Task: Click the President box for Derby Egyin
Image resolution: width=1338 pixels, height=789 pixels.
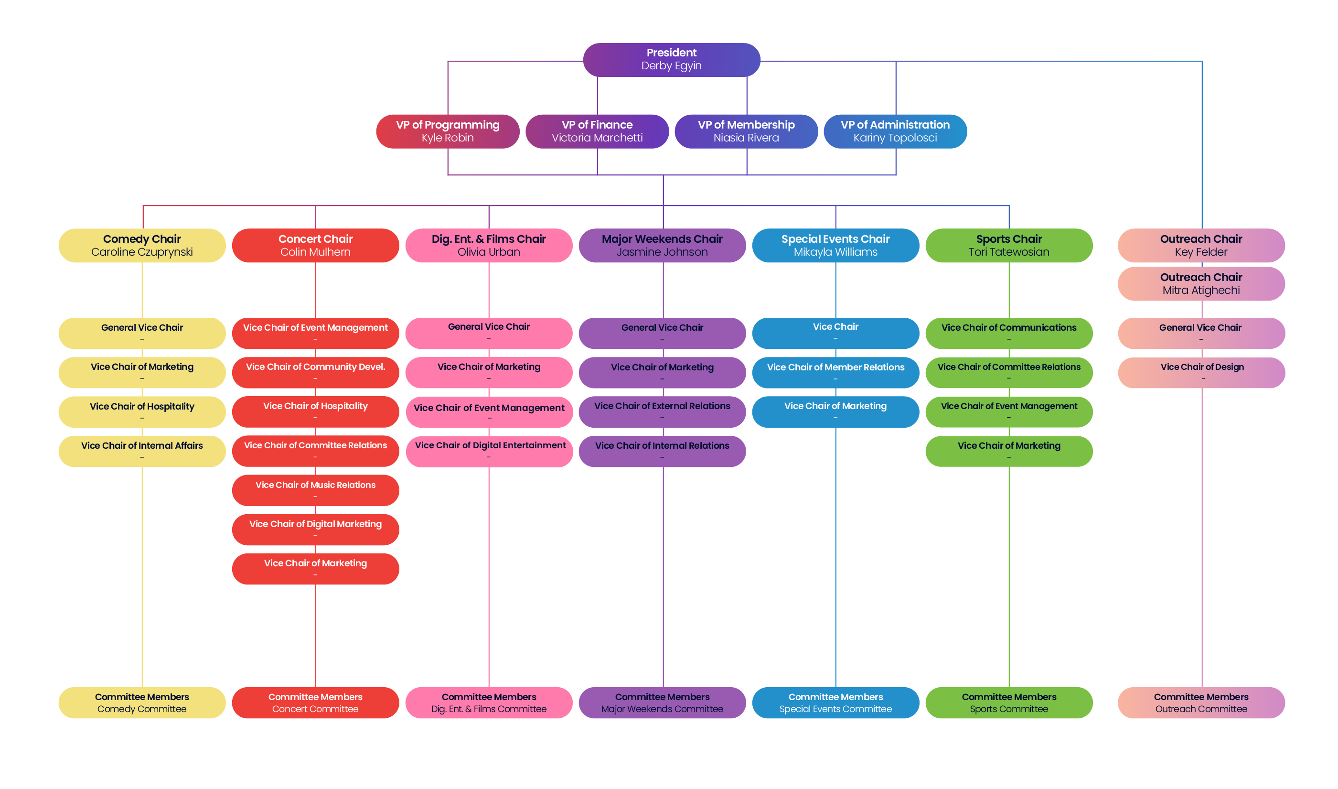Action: pos(671,60)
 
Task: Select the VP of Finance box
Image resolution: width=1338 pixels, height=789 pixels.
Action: pos(597,131)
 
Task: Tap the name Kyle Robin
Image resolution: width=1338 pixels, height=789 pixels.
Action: pos(448,138)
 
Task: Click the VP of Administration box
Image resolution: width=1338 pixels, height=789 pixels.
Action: pos(895,131)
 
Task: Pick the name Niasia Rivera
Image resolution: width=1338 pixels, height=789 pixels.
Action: pos(746,138)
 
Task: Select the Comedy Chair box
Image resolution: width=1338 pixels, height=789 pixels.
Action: pos(142,245)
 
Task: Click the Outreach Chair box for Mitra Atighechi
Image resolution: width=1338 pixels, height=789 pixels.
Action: pos(1201,283)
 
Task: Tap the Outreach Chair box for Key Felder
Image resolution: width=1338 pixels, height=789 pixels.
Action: pos(1201,245)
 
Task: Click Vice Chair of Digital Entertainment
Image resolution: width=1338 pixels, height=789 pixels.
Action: pos(490,450)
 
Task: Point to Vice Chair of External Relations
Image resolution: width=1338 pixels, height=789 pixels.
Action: pos(662,411)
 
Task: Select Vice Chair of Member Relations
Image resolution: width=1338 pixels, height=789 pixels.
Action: pos(835,372)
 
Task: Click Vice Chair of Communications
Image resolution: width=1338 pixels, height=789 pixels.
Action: pos(1008,333)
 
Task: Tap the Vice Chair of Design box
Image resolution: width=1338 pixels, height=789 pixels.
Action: pos(1201,372)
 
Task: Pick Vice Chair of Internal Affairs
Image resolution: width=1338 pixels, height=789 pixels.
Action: pos(142,450)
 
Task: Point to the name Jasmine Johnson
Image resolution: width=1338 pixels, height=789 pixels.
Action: pos(662,252)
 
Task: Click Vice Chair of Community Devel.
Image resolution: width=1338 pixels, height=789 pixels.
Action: pos(315,372)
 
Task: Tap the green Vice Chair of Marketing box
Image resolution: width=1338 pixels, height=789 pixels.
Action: pos(1008,450)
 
